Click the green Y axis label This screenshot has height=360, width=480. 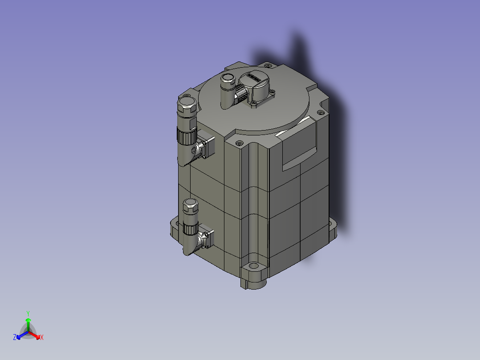point(28,313)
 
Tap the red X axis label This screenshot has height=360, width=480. point(42,337)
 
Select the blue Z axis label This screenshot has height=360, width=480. point(14,337)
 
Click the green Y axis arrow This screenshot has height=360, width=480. point(28,323)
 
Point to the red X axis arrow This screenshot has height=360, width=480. point(35,335)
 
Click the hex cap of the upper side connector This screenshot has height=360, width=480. point(186,106)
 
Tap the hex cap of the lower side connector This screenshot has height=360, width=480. point(190,207)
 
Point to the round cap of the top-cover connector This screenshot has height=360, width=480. point(228,80)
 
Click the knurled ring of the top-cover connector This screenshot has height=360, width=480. point(241,94)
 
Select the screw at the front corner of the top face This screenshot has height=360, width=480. point(239,143)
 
